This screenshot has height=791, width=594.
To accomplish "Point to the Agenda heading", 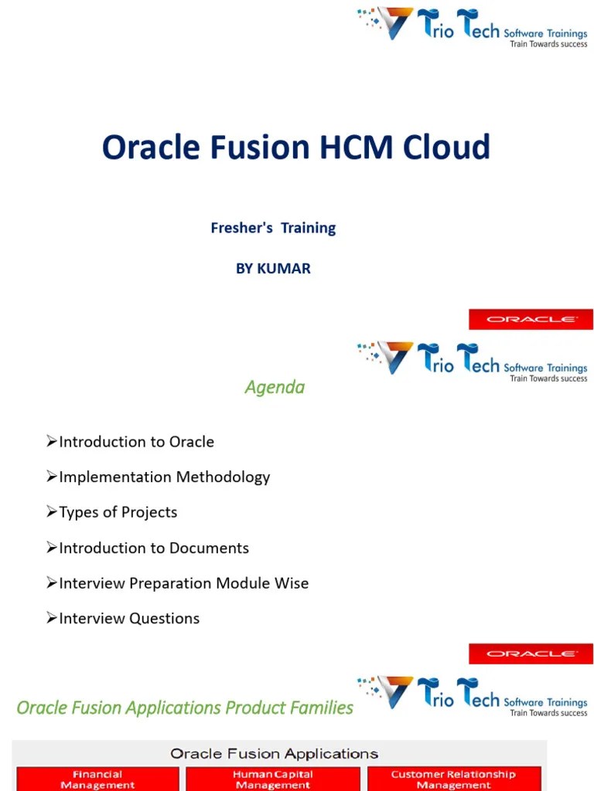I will tap(275, 387).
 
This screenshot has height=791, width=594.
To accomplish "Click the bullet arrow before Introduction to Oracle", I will tap(52, 441).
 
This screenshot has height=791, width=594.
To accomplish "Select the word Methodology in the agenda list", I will tap(224, 477).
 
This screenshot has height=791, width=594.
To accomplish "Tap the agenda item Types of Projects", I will tap(118, 512).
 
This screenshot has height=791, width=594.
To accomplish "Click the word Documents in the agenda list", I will tap(211, 548).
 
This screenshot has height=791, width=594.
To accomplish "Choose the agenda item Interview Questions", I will tap(128, 618).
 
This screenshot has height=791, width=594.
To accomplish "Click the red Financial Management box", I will tap(97, 779).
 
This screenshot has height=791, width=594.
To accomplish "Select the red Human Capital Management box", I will tap(273, 779).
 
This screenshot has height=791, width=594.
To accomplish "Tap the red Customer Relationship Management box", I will tap(453, 779).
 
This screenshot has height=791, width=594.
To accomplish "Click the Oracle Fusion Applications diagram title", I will tap(274, 753).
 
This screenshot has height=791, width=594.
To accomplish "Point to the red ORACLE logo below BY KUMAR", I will tap(531, 319).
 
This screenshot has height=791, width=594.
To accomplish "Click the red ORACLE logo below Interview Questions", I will tap(531, 654).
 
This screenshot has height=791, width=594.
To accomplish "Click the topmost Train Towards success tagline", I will tap(548, 44).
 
